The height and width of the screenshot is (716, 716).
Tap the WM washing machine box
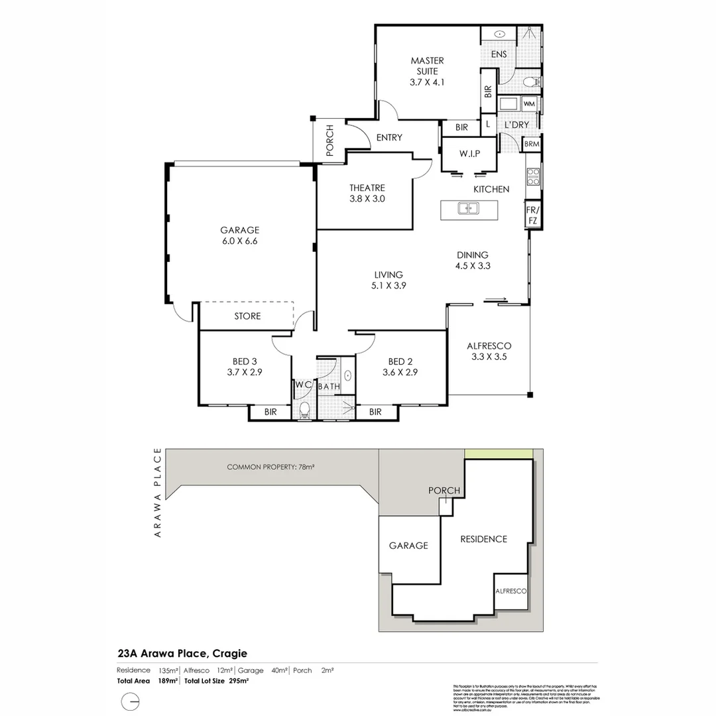(x=529, y=105)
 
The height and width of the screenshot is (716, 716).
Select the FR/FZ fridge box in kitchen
(x=532, y=215)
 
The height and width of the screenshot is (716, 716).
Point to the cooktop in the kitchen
(x=532, y=176)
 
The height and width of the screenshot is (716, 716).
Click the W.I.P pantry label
(x=469, y=154)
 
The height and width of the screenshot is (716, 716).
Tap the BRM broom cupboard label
(x=531, y=144)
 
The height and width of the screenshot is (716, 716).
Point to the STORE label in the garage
(x=247, y=316)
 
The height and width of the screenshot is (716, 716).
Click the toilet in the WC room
(x=304, y=410)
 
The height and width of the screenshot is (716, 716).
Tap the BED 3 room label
(x=245, y=361)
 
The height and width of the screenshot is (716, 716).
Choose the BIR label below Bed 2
(x=375, y=412)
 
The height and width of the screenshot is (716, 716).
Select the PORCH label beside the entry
(x=329, y=141)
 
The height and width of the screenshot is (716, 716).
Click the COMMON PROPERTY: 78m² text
(x=270, y=467)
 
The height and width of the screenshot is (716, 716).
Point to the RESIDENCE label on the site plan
(x=483, y=539)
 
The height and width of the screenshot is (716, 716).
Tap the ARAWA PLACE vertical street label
(x=158, y=495)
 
